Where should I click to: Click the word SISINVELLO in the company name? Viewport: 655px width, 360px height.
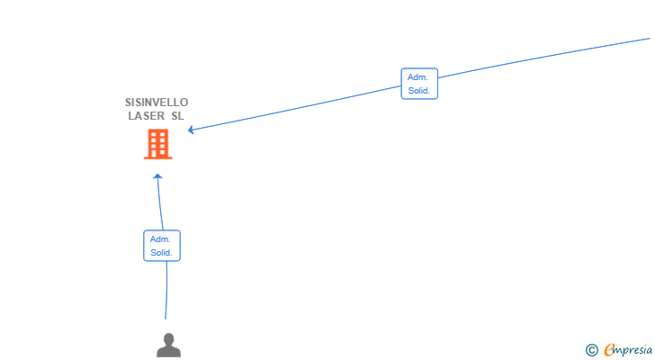pyautogui.click(x=157, y=103)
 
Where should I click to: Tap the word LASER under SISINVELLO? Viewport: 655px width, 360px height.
pyautogui.click(x=146, y=116)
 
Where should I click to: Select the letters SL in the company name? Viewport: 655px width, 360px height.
pyautogui.click(x=177, y=116)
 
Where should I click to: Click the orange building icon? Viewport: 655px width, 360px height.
pyautogui.click(x=158, y=144)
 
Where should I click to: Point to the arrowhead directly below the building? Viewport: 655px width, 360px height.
pyautogui.click(x=157, y=176)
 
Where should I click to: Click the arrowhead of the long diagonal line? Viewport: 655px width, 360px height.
pyautogui.click(x=191, y=130)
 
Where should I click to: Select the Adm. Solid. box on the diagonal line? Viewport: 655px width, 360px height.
pyautogui.click(x=419, y=84)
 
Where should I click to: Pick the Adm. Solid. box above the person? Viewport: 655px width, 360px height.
pyautogui.click(x=162, y=246)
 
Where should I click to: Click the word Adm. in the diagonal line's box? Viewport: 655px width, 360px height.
pyautogui.click(x=417, y=77)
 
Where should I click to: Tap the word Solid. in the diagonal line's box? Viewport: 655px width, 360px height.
pyautogui.click(x=419, y=91)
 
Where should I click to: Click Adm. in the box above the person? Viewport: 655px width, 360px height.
pyautogui.click(x=160, y=239)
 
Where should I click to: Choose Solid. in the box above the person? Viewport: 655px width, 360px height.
pyautogui.click(x=161, y=253)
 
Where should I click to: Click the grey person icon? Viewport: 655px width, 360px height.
pyautogui.click(x=169, y=345)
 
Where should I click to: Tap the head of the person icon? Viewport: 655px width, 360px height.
pyautogui.click(x=169, y=338)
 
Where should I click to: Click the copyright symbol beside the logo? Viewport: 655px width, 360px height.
pyautogui.click(x=591, y=350)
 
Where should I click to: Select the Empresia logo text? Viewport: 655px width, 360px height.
pyautogui.click(x=628, y=350)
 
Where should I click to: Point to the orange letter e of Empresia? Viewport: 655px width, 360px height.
pyautogui.click(x=609, y=349)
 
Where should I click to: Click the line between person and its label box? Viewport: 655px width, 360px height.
pyautogui.click(x=166, y=291)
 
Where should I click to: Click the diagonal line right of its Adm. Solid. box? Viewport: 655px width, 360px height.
pyautogui.click(x=543, y=58)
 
